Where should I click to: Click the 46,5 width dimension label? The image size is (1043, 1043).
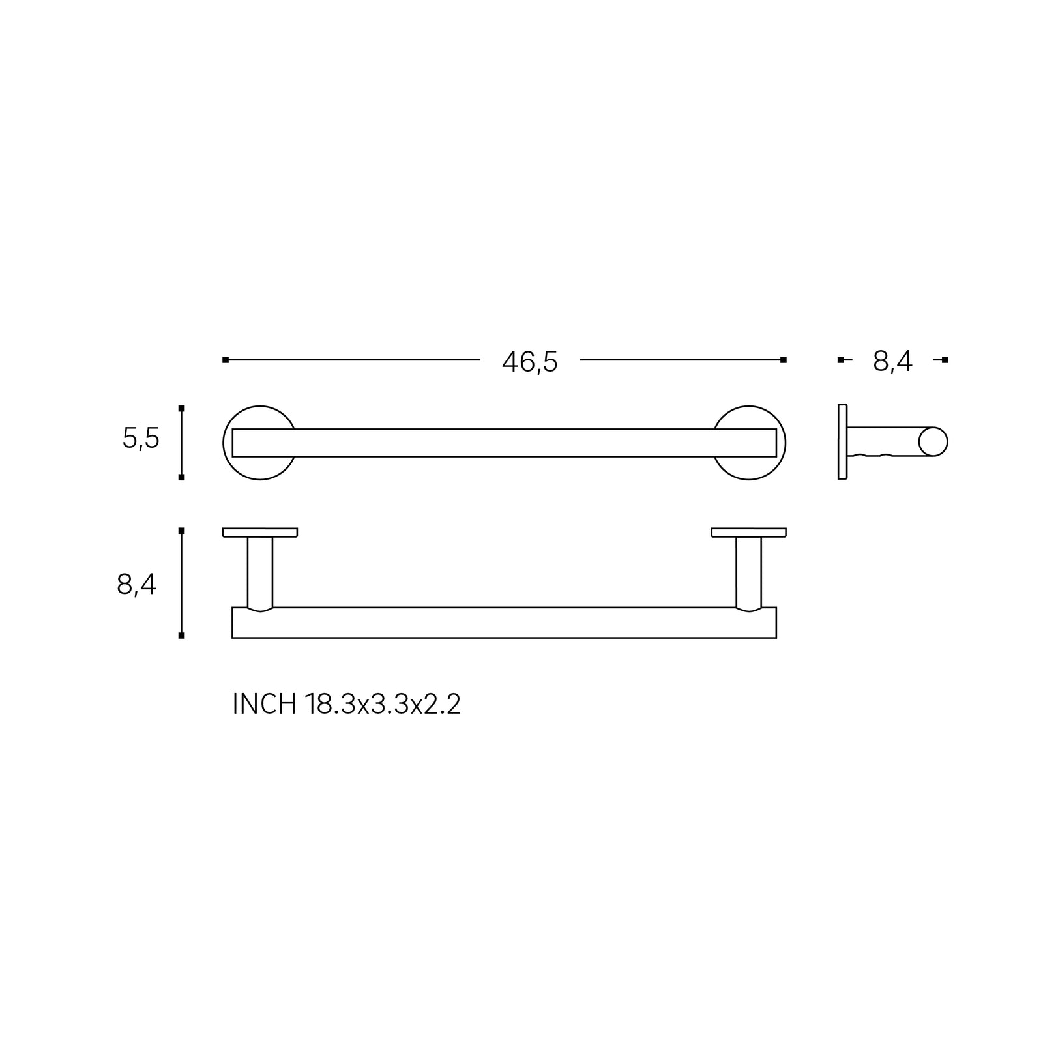click(529, 362)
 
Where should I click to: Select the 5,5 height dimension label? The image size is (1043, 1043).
click(141, 439)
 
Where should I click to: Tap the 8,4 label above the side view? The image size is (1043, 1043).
click(892, 362)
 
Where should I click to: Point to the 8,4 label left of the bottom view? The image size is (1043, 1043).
click(137, 585)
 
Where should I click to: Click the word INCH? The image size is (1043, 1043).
click(264, 705)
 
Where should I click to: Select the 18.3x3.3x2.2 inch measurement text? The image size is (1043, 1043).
click(383, 705)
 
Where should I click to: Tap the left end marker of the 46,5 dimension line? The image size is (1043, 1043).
click(226, 360)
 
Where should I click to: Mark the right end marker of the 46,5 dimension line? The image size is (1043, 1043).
click(784, 360)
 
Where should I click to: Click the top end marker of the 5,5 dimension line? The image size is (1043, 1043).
click(182, 409)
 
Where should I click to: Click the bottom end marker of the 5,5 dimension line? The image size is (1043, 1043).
click(182, 477)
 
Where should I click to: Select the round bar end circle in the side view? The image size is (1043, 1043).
click(933, 442)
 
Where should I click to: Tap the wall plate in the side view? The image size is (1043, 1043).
click(842, 442)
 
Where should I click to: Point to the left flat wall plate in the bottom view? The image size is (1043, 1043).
click(260, 533)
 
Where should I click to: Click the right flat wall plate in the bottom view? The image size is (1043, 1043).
click(748, 533)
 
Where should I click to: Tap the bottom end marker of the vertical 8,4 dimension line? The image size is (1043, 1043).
click(182, 635)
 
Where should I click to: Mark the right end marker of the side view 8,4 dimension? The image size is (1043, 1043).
click(945, 360)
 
